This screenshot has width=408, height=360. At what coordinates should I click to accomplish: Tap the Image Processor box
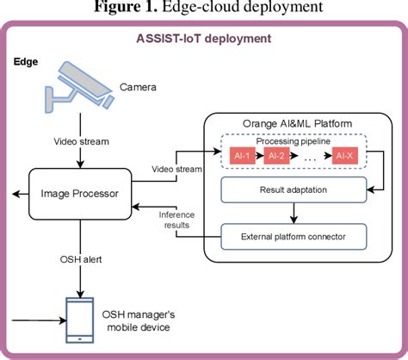click(x=79, y=193)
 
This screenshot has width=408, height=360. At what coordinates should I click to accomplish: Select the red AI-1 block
click(x=243, y=156)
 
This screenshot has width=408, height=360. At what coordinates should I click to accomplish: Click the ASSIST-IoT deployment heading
click(x=204, y=38)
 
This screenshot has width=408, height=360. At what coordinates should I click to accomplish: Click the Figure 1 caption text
click(x=204, y=9)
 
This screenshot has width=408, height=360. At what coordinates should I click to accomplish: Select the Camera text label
click(x=138, y=87)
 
